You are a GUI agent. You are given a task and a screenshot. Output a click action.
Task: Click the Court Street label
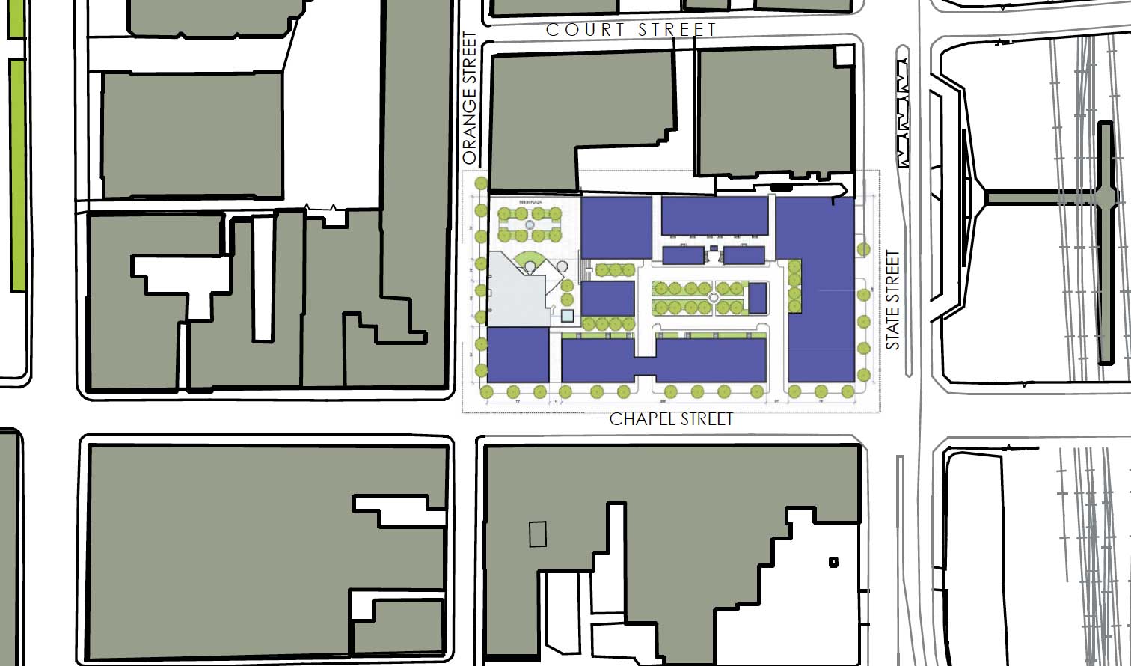[x=631, y=30]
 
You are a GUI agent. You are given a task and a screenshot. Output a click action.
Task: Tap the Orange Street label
[x=470, y=98]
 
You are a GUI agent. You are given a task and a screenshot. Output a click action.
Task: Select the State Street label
[x=892, y=300]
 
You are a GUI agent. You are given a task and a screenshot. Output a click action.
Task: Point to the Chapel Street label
[x=671, y=419]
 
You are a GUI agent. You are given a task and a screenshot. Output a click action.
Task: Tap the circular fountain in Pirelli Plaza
[x=530, y=224]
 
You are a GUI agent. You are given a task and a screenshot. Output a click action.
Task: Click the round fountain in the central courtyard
[x=714, y=298]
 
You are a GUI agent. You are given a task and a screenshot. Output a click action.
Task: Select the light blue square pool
[x=567, y=317]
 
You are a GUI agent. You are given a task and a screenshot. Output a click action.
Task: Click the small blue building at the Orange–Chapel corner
[x=518, y=356]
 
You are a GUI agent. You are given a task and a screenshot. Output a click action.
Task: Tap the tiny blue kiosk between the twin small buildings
[x=714, y=248]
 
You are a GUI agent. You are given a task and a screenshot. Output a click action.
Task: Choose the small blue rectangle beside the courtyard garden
[x=758, y=298]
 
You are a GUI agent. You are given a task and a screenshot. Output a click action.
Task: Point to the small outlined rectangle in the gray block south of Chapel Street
[x=538, y=534]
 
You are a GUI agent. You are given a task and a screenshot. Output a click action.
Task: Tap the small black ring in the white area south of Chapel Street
[x=833, y=562]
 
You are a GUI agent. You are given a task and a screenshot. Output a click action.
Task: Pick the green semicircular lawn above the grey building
[x=530, y=260]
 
